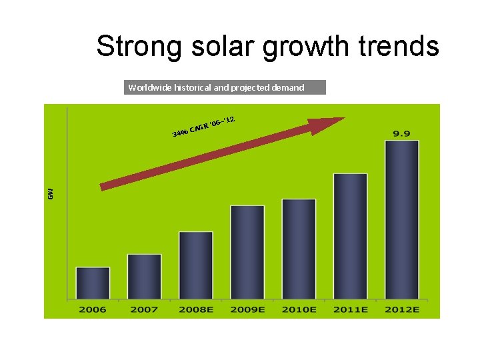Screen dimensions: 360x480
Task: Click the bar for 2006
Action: pos(93,283)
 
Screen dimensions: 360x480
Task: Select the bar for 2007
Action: pos(144,277)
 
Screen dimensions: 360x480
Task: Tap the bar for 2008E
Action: pos(196,265)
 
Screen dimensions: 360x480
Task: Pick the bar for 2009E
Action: pos(247,252)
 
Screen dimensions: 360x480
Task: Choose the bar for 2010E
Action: pos(299,249)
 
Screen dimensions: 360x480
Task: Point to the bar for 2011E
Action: pos(351,236)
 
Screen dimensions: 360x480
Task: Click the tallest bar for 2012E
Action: pos(401,219)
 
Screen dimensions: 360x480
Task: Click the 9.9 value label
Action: pos(401,133)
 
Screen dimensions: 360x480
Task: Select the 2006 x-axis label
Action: pos(93,309)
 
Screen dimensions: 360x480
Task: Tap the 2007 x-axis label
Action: pos(144,309)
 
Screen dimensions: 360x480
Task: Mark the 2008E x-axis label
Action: pos(196,309)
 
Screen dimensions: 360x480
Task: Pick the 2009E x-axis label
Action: pos(247,309)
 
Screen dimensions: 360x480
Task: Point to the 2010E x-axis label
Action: pos(299,309)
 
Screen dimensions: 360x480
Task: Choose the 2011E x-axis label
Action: pos(351,309)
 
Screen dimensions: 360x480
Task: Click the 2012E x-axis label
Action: pos(401,309)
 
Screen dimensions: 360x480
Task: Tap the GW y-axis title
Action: pos(50,193)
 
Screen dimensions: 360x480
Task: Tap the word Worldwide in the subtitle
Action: pos(149,87)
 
